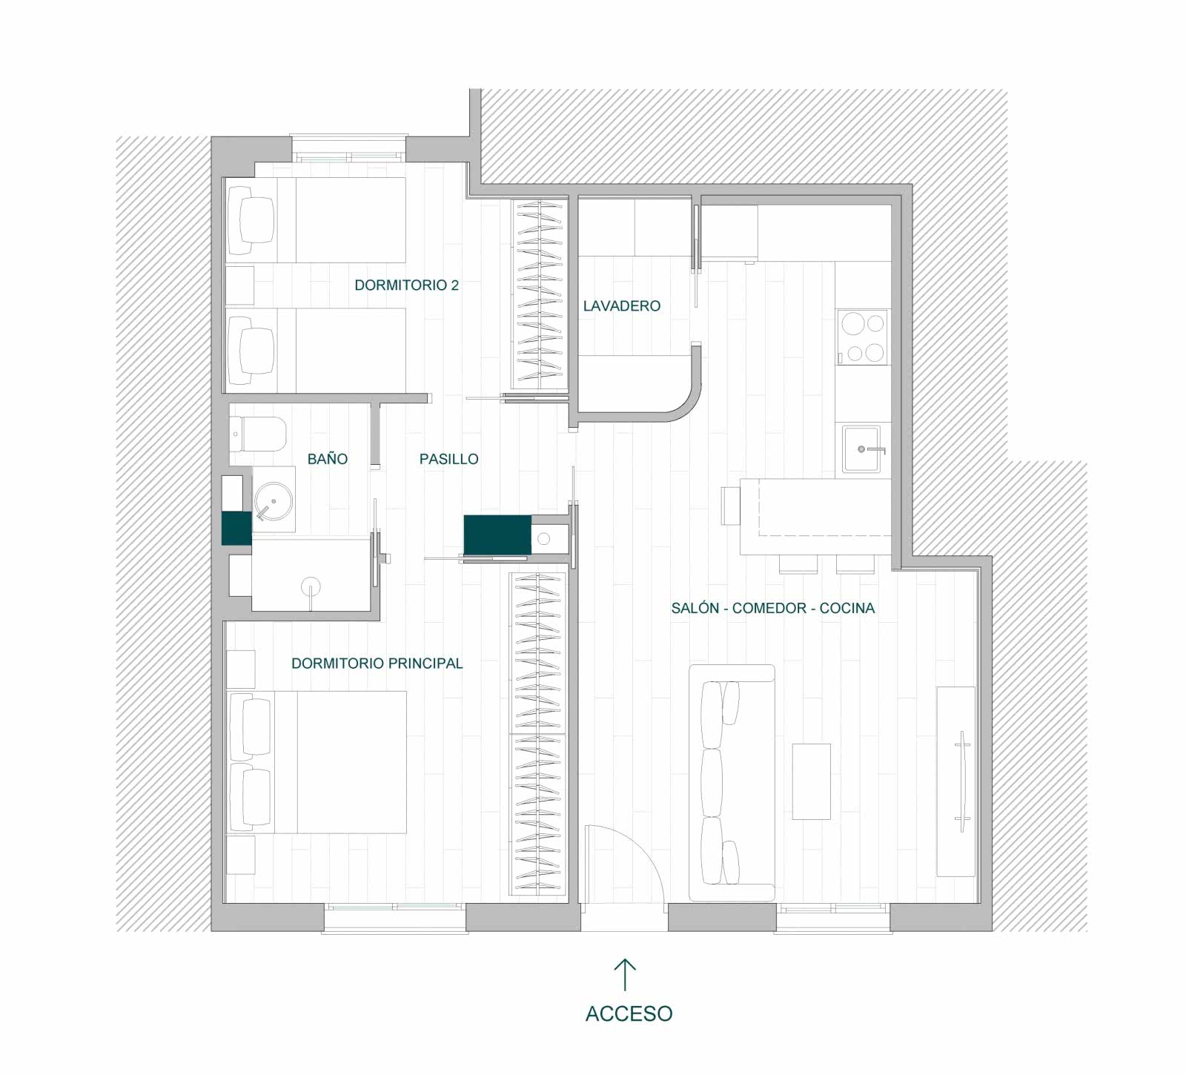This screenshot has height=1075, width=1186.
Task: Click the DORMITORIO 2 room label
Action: (x=406, y=285)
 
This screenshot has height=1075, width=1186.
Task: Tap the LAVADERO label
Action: (x=621, y=306)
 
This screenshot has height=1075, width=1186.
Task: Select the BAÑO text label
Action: (x=328, y=459)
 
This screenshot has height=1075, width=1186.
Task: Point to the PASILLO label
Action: (x=448, y=459)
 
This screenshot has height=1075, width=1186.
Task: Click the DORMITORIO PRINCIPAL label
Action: (x=377, y=664)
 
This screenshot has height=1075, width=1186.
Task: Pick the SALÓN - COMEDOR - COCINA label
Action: (x=773, y=608)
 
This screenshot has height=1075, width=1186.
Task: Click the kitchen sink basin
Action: (x=861, y=449)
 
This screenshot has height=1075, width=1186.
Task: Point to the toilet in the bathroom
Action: (x=257, y=434)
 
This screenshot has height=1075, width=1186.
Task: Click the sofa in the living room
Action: (x=732, y=783)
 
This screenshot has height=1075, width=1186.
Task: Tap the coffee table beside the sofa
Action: (x=811, y=781)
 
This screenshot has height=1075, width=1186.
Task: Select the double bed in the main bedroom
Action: (x=317, y=762)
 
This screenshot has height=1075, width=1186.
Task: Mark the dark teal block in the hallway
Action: (x=497, y=534)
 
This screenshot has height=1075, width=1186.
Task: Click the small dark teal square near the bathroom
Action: (x=237, y=529)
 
